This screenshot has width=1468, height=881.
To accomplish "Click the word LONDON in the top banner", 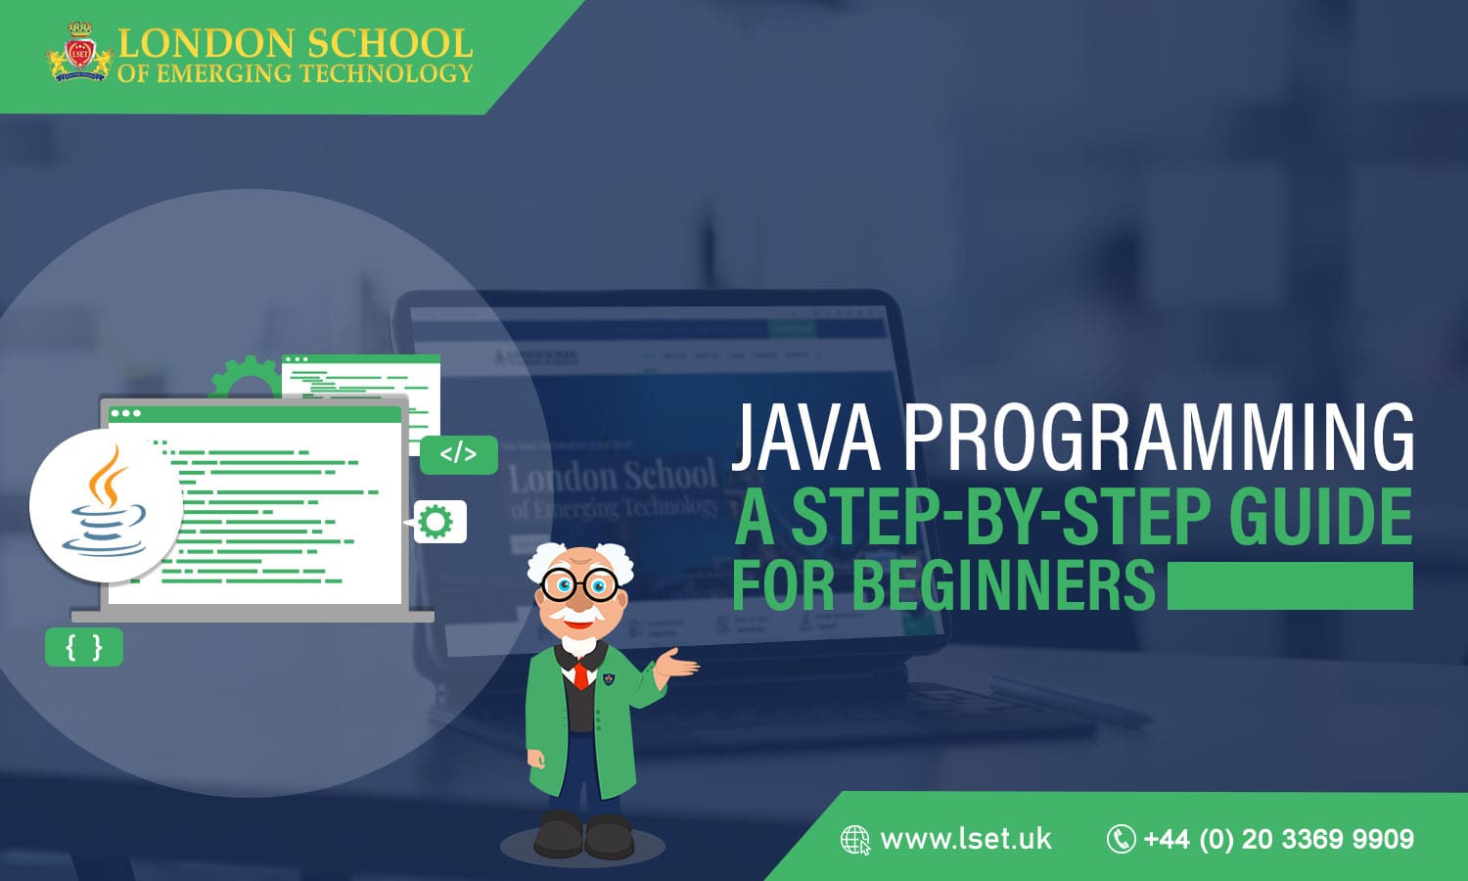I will pos(206,43).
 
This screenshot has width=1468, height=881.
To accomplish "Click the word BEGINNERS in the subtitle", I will pos(1004,585).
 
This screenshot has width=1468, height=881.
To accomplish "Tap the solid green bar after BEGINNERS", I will pos(1290,585).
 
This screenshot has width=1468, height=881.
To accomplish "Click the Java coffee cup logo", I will pos(106,504).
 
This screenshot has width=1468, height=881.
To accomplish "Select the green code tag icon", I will pos(458,454).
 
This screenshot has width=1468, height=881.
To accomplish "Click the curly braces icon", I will pos(84,647).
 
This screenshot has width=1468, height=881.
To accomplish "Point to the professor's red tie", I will pos(580,674).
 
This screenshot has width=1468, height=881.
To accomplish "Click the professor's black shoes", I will pos(583,836).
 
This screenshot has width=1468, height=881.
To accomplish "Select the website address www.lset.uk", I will pos(965,839).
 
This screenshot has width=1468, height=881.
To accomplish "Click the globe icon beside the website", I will pos(854,840).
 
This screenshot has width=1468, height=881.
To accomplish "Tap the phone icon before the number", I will pos(1120,839).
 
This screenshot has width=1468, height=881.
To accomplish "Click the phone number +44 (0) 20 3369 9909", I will pos(1278,839).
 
